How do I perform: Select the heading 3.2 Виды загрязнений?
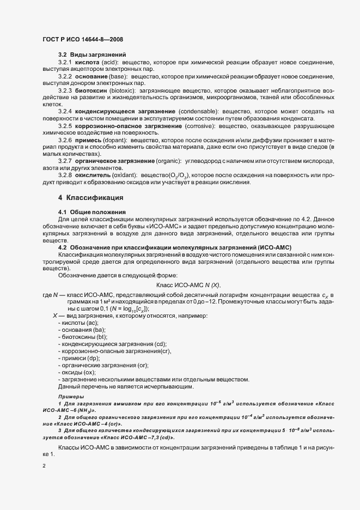[92, 54]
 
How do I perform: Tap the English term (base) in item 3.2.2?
[119, 77]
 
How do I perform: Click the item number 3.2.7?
[65, 161]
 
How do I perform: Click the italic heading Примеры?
[71, 396]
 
